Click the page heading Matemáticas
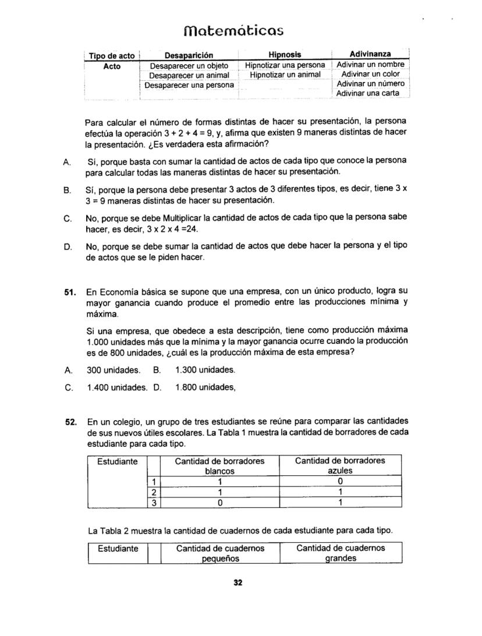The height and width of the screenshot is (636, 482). pyautogui.click(x=241, y=30)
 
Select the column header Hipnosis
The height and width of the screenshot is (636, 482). pyautogui.click(x=285, y=55)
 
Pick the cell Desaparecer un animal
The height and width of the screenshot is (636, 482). pyautogui.click(x=189, y=76)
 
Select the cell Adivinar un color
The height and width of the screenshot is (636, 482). pyautogui.click(x=370, y=74)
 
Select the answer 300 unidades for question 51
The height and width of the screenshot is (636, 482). pyautogui.click(x=114, y=370)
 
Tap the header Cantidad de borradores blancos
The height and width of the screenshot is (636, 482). pyautogui.click(x=219, y=466)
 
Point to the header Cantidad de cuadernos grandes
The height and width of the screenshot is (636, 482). pyautogui.click(x=341, y=553)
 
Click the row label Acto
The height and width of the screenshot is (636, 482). pyautogui.click(x=112, y=66)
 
